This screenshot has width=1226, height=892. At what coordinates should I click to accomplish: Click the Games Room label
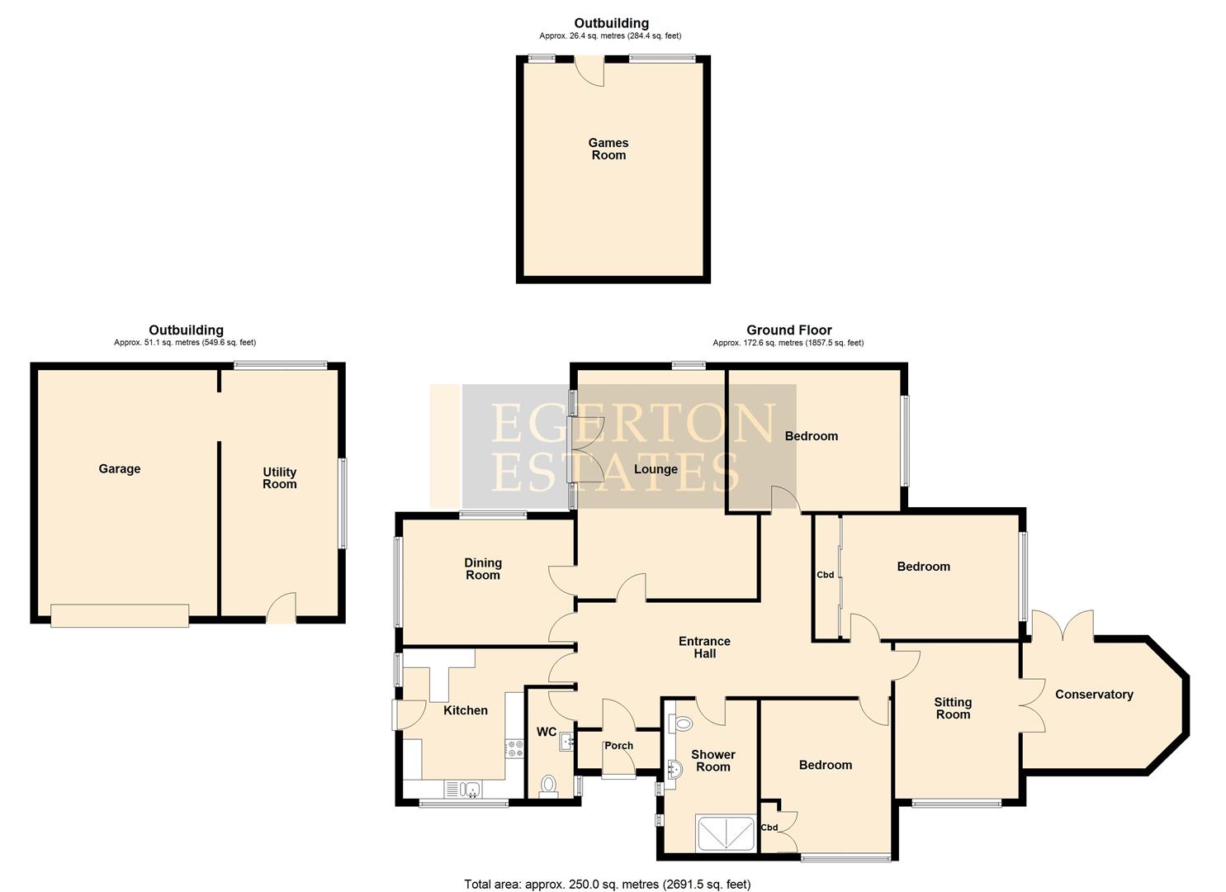(x=608, y=149)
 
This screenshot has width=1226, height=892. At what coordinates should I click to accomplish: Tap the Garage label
(x=120, y=469)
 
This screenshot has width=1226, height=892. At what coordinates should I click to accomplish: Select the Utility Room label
(x=279, y=478)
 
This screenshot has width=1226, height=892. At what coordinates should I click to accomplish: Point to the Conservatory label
(x=1094, y=695)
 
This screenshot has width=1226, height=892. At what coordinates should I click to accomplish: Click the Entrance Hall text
(x=704, y=647)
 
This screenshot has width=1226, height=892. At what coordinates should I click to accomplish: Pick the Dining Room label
(x=483, y=569)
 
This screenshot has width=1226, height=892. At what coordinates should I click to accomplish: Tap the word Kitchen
(x=466, y=710)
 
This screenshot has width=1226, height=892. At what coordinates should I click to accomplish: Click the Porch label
(x=618, y=746)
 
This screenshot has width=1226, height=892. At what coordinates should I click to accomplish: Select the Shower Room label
(x=712, y=761)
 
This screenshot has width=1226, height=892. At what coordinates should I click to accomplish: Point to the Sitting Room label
(x=953, y=709)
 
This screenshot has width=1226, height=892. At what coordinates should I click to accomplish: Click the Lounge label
(x=656, y=469)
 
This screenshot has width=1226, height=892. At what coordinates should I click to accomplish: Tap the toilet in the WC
(x=548, y=785)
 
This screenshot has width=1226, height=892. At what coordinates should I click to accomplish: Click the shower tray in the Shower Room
(x=725, y=833)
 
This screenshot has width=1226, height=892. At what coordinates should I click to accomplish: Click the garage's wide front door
(x=120, y=615)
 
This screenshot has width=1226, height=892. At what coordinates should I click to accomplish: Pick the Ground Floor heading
(x=788, y=330)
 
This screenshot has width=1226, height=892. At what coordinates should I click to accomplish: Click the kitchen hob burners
(x=514, y=748)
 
